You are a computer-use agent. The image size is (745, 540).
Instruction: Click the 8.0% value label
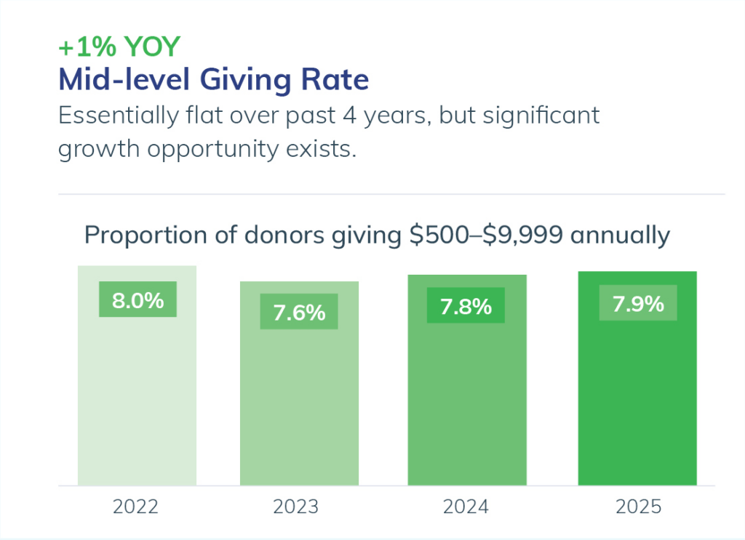[138, 300]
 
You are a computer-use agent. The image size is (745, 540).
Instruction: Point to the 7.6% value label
[299, 313]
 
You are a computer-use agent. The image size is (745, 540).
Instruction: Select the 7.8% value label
[466, 307]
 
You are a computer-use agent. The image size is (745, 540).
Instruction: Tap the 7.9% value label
[638, 304]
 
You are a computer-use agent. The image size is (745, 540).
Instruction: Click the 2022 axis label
[135, 507]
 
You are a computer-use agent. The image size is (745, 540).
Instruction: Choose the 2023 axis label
[296, 507]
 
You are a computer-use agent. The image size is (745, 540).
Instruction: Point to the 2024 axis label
[466, 507]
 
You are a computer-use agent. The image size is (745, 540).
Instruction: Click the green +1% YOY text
[119, 47]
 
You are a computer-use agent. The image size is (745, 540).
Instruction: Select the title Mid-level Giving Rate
[213, 79]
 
